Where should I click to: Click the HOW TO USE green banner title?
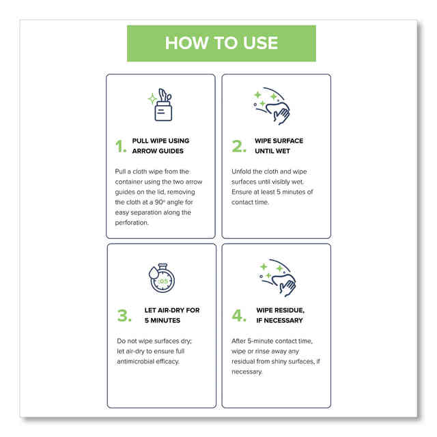point(221,43)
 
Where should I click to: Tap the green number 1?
point(120,146)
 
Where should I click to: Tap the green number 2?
point(238,146)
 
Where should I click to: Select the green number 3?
point(122,315)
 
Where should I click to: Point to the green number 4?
point(238,315)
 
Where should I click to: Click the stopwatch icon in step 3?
point(163,277)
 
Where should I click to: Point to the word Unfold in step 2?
point(245,171)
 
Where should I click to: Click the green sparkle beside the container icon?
point(152,99)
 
